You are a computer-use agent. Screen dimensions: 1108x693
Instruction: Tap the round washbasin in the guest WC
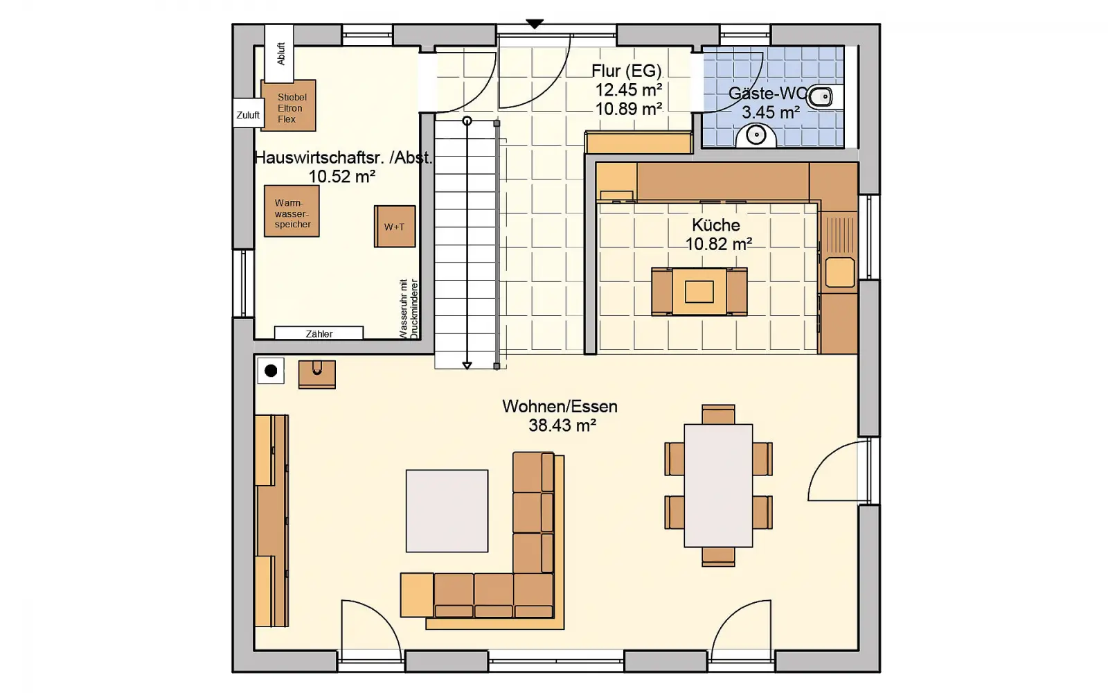[x=756, y=135]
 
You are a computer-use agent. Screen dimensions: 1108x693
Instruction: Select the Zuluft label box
[x=249, y=115]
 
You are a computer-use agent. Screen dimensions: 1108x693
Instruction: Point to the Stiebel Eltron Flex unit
[x=288, y=106]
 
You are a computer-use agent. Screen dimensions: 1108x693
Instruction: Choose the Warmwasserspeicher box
[x=292, y=211]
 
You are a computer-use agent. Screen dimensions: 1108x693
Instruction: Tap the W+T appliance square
[x=395, y=227]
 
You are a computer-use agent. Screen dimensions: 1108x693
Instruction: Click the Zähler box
[x=319, y=333]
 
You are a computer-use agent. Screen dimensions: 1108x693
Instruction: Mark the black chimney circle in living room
[x=271, y=371]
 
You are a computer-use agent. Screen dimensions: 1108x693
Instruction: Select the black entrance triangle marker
[x=535, y=24]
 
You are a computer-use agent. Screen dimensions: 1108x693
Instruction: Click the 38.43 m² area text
[x=562, y=426]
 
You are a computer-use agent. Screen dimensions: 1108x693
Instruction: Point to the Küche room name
[x=716, y=225]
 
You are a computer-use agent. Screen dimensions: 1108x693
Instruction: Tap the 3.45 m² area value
[x=771, y=112]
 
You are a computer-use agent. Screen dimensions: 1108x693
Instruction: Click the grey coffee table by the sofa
[x=447, y=511]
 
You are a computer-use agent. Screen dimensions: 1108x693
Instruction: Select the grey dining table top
[x=718, y=486]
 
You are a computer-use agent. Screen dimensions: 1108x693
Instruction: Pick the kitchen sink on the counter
[x=839, y=272]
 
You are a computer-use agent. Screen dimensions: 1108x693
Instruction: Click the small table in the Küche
[x=699, y=292]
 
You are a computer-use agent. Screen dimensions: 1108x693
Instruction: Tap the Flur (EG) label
[x=627, y=71]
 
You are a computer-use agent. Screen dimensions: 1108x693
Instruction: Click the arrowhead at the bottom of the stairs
[x=467, y=365]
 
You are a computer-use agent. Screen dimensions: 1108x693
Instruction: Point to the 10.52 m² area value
[x=342, y=176]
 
